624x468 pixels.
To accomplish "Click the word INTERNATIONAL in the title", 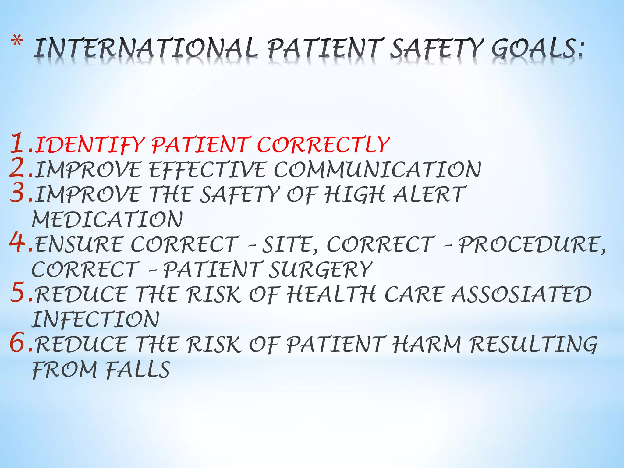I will pos(145,48).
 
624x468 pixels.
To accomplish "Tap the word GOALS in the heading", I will pos(537,48).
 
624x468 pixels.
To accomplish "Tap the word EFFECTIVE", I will pos(207,169).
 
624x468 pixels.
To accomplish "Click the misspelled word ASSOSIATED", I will pos(521,294).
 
